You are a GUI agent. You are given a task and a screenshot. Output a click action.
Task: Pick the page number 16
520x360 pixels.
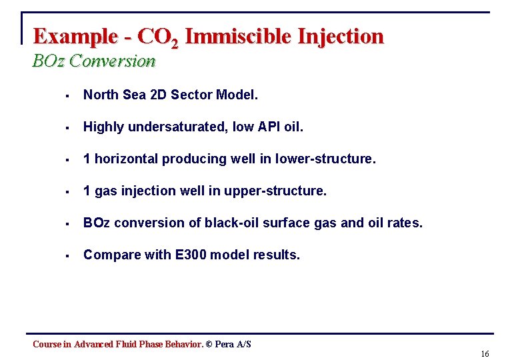click(485, 353)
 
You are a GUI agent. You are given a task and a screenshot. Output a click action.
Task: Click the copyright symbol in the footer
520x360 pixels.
click(209, 344)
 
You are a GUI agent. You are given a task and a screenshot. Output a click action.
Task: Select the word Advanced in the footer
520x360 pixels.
click(93, 344)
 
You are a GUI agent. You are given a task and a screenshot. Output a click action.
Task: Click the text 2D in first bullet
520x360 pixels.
click(155, 95)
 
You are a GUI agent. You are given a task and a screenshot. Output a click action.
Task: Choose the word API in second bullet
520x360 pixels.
click(269, 127)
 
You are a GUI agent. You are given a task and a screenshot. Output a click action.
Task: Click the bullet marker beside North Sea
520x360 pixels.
click(68, 95)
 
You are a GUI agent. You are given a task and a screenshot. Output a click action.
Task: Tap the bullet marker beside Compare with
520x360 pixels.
click(68, 255)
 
